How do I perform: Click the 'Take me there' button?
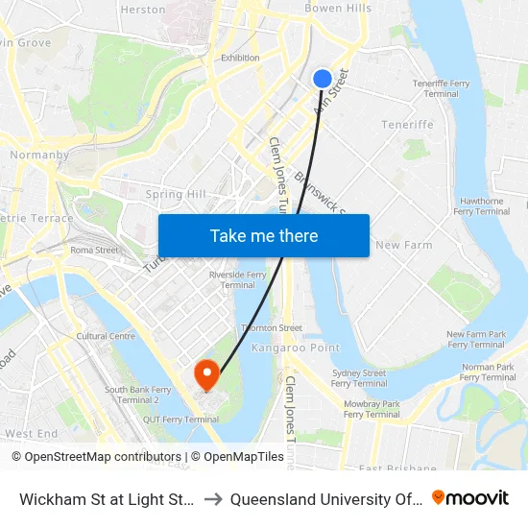click(264, 235)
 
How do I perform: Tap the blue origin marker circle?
click(323, 79)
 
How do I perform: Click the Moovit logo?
click(470, 497)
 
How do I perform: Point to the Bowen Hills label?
click(337, 8)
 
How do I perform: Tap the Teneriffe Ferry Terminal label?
click(441, 88)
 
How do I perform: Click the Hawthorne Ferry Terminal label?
click(481, 206)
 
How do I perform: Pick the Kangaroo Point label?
click(283, 347)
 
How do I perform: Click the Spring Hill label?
click(176, 194)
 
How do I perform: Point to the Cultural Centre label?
click(106, 336)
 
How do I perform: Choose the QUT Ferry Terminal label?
click(188, 419)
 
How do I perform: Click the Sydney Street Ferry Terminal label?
click(358, 378)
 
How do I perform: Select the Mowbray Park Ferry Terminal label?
click(371, 409)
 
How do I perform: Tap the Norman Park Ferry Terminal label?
click(489, 372)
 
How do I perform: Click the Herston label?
click(143, 9)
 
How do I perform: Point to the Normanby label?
click(38, 154)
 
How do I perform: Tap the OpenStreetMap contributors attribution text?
click(97, 457)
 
